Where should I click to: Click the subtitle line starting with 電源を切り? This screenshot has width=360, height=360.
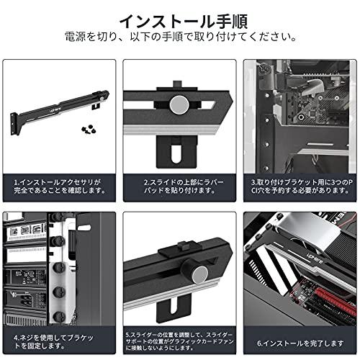179,37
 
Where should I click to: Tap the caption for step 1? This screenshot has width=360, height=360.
60,186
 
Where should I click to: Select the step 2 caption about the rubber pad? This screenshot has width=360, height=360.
179,186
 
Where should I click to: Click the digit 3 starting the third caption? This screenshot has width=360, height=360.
253,182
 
